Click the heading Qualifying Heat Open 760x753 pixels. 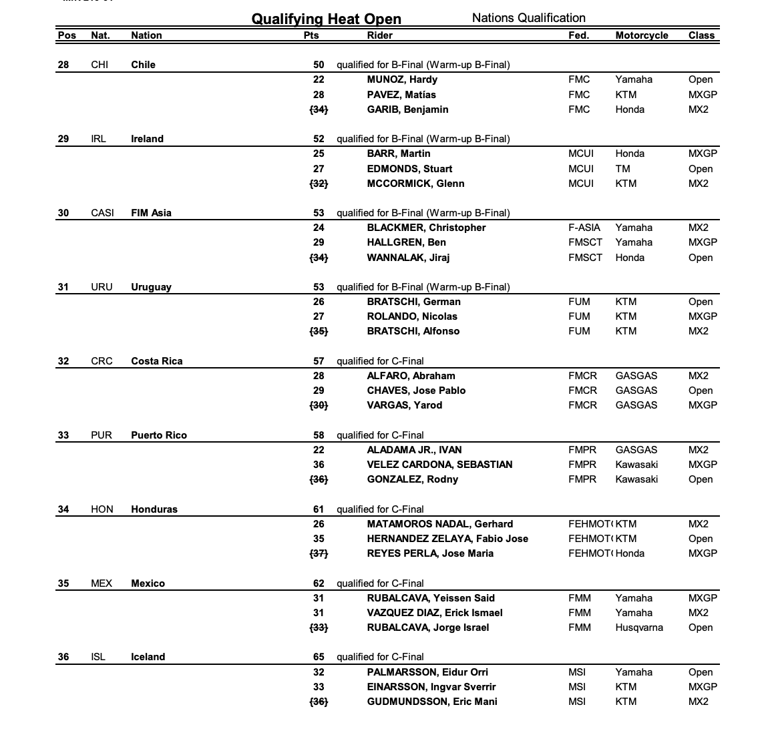coord(326,19)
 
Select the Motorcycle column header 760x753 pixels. coord(641,35)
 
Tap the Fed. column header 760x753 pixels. coord(578,35)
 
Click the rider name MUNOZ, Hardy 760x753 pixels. coord(402,79)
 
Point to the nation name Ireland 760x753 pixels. coord(147,139)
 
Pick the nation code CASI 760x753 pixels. coord(102,213)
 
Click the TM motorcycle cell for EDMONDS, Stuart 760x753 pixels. coord(622,169)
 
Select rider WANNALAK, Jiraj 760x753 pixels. coord(408,258)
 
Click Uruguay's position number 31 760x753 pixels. coord(63,287)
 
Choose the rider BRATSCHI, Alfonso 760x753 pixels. coord(413,331)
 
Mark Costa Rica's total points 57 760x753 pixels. coord(319,361)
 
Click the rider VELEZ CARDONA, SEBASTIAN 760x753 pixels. coord(439,465)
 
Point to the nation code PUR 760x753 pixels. coord(102,435)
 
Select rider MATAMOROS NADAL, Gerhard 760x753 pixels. coord(439,524)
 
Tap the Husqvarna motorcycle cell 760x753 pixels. coord(639,627)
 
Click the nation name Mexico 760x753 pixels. coord(148,583)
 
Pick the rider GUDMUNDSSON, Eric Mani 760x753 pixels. coord(431,702)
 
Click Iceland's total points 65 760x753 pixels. coord(319,657)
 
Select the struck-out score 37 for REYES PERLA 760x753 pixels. coord(319,553)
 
